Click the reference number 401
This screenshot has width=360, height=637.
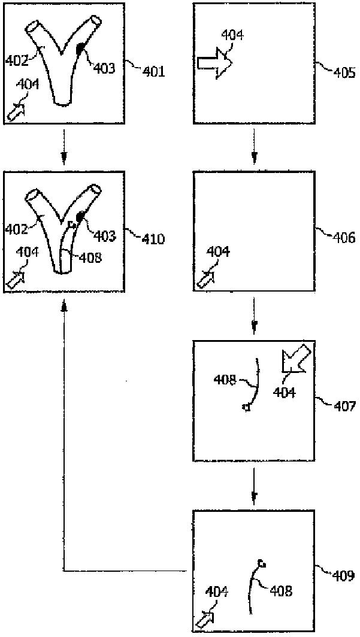coord(153,72)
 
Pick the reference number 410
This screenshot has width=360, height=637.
coord(153,239)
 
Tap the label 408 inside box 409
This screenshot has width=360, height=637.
coord(280,591)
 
